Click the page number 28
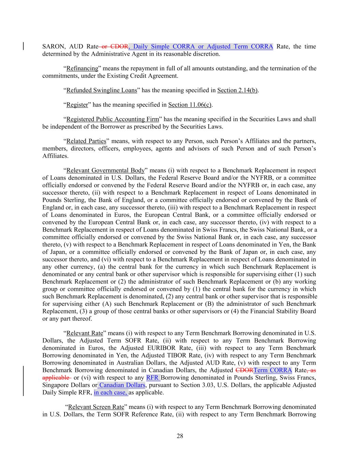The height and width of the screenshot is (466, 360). pyautogui.click(x=180, y=436)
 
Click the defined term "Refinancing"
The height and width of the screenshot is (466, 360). pyautogui.click(x=82, y=68)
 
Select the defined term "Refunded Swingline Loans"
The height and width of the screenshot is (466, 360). pyautogui.click(x=101, y=90)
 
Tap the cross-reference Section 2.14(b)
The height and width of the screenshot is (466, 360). pyautogui.click(x=237, y=90)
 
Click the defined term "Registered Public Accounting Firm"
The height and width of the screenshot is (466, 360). pyautogui.click(x=112, y=119)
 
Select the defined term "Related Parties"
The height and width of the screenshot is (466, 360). pyautogui.click(x=86, y=141)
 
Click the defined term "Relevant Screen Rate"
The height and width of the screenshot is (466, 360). pyautogui.click(x=96, y=407)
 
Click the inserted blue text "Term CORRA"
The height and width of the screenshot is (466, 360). pyautogui.click(x=273, y=370)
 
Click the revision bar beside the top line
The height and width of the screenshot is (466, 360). pyautogui.click(x=23, y=46)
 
